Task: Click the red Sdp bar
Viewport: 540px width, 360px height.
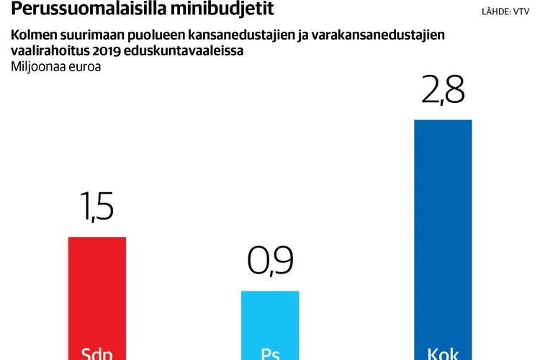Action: pyautogui.click(x=96, y=288)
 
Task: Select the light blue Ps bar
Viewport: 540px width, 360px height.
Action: pyautogui.click(x=269, y=317)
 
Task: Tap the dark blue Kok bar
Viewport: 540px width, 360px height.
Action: pyautogui.click(x=443, y=230)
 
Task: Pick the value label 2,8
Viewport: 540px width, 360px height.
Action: pyautogui.click(x=443, y=91)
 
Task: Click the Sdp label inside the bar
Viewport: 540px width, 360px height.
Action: pyautogui.click(x=96, y=354)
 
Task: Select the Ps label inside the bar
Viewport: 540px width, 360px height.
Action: pyautogui.click(x=269, y=354)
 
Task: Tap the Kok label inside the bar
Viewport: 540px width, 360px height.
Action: pyautogui.click(x=443, y=354)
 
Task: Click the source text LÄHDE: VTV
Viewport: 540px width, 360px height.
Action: pyautogui.click(x=505, y=12)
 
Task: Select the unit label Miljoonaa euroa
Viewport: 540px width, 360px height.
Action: pyautogui.click(x=56, y=67)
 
